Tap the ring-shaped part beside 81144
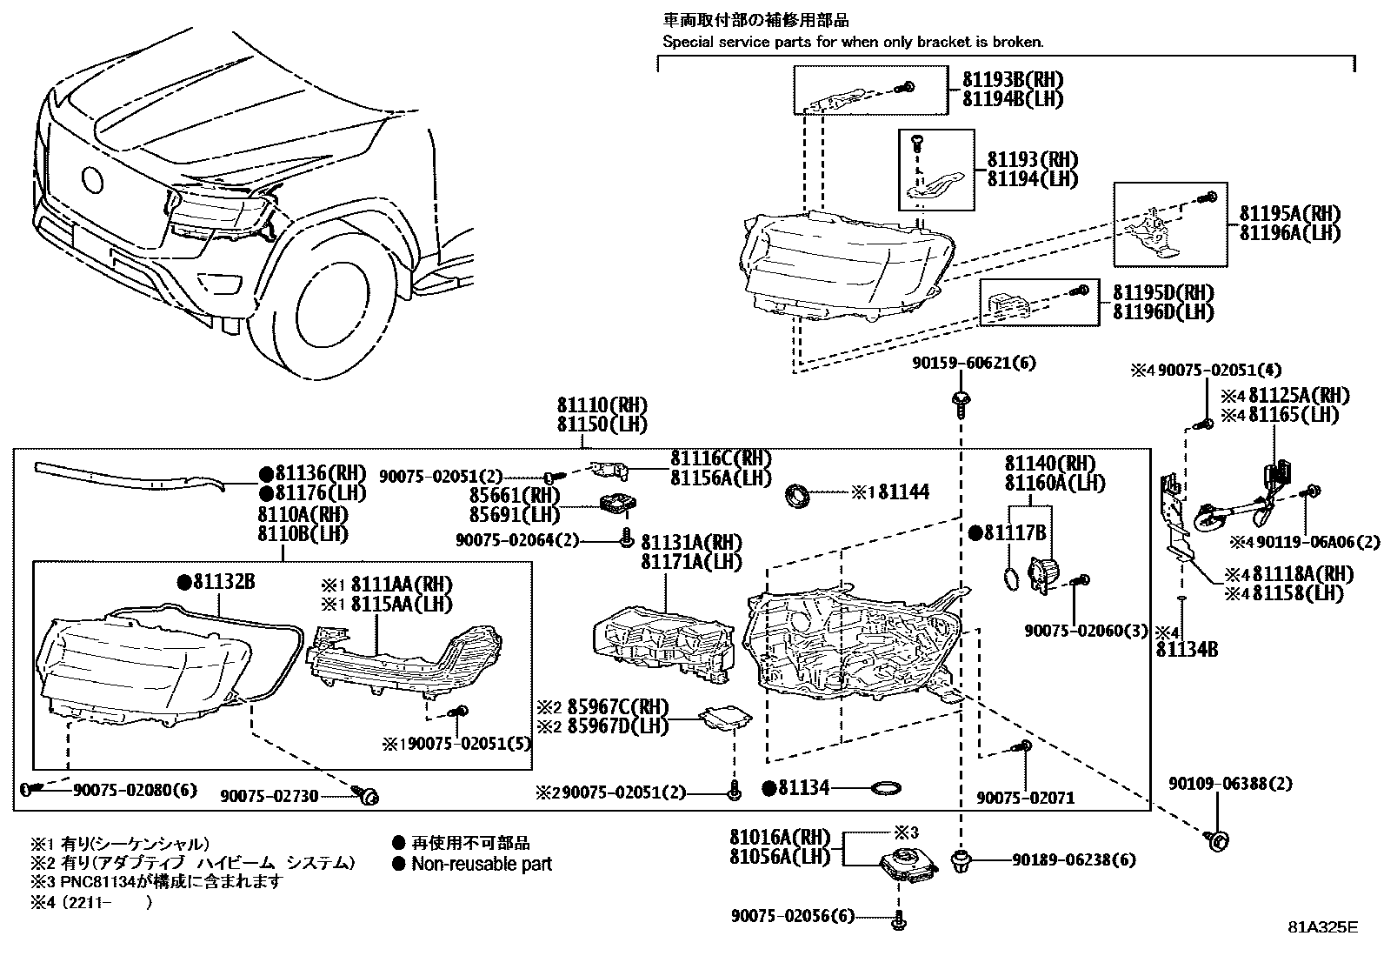[x=798, y=496]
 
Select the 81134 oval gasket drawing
[x=885, y=788]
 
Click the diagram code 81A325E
[x=1321, y=926]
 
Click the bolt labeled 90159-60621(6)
[x=961, y=401]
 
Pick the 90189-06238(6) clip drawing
[x=961, y=861]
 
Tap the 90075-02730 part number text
[x=269, y=795]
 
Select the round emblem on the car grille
[x=91, y=179]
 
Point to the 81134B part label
[x=1187, y=649]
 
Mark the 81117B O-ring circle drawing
[x=1009, y=577]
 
